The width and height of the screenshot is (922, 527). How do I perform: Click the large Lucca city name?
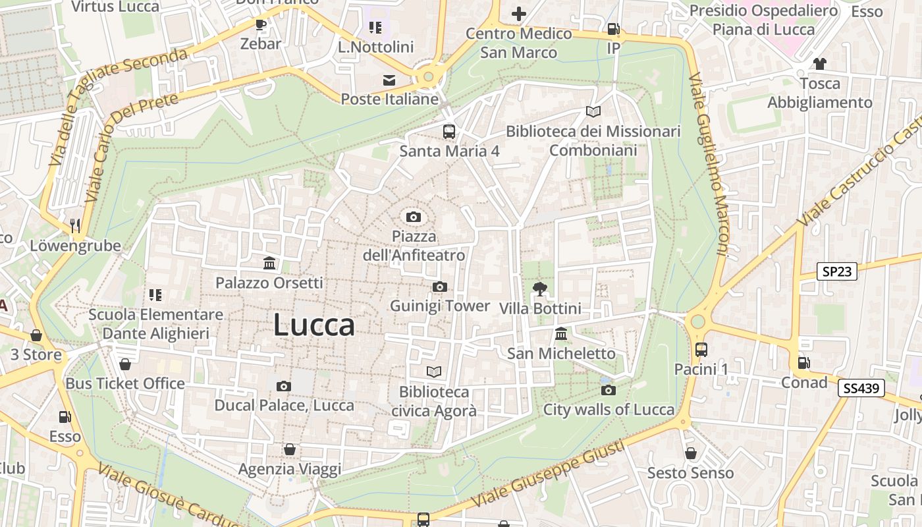click(314, 325)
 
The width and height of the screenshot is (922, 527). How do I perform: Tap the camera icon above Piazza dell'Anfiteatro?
click(414, 217)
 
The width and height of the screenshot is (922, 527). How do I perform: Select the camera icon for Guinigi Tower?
click(440, 287)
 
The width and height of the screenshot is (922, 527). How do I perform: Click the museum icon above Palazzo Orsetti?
click(269, 263)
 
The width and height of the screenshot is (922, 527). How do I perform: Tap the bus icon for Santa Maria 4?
click(449, 131)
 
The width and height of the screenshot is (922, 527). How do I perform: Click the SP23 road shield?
click(837, 271)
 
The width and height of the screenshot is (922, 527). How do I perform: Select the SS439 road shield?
click(861, 388)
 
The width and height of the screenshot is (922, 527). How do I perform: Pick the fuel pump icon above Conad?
click(803, 362)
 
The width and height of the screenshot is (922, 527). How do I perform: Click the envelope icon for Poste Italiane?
click(389, 80)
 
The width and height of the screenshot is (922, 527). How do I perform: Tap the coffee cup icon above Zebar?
click(261, 25)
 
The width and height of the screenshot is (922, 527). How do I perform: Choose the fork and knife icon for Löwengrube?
click(75, 226)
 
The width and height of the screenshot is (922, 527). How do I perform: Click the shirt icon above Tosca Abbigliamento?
click(819, 64)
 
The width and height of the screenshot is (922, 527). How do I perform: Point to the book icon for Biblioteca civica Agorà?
click(433, 372)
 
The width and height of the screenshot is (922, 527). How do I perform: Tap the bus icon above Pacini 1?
click(701, 349)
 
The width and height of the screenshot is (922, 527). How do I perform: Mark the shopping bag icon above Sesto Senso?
click(690, 453)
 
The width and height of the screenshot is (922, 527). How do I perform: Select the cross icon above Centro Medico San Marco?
click(519, 13)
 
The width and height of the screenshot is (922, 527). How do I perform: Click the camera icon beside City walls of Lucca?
click(609, 390)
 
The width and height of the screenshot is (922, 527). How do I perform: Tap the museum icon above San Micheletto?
click(561, 333)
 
